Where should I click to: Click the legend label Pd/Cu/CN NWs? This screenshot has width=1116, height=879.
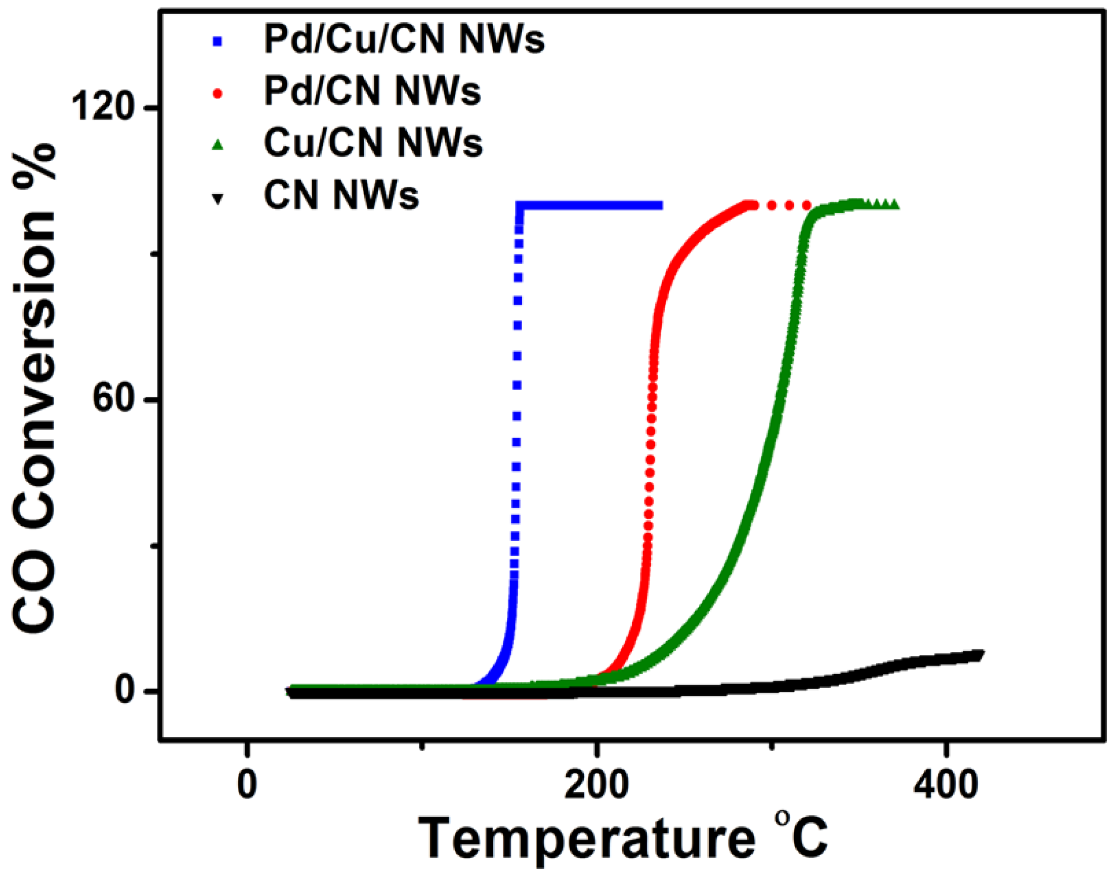[x=404, y=40]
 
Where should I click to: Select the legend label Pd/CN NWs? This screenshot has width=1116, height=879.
[x=372, y=92]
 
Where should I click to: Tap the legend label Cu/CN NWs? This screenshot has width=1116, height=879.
[x=373, y=143]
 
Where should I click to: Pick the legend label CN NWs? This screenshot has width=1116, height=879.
[x=341, y=195]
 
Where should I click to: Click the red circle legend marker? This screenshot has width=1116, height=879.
[x=218, y=94]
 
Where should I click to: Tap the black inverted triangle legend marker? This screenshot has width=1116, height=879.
[x=218, y=198]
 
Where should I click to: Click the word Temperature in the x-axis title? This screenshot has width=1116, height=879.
[x=586, y=839]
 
